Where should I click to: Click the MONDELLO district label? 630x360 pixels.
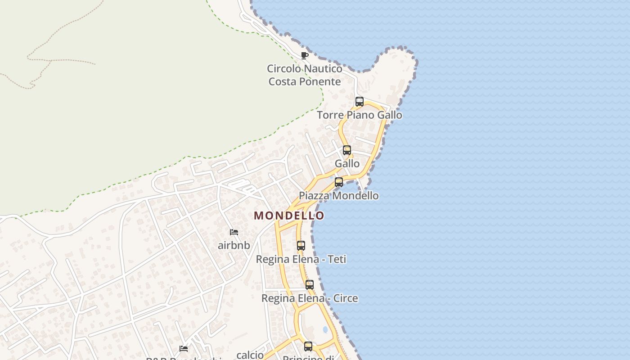pyautogui.click(x=289, y=216)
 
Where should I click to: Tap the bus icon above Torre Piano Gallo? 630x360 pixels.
pyautogui.click(x=359, y=101)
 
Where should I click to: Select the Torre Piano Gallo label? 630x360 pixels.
pyautogui.click(x=360, y=115)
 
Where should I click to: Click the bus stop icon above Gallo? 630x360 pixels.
pyautogui.click(x=346, y=150)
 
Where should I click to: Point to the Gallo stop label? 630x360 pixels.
pyautogui.click(x=347, y=163)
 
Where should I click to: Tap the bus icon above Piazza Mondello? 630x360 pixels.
pyautogui.click(x=339, y=182)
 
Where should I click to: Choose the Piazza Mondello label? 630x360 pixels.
pyautogui.click(x=339, y=196)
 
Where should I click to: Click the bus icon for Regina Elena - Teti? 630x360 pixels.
pyautogui.click(x=301, y=246)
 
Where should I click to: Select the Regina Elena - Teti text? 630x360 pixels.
pyautogui.click(x=301, y=259)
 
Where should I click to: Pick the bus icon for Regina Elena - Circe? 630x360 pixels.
pyautogui.click(x=310, y=284)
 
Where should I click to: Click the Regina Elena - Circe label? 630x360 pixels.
pyautogui.click(x=310, y=298)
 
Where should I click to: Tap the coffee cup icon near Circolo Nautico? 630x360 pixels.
pyautogui.click(x=304, y=55)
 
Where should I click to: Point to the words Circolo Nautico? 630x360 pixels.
pyautogui.click(x=305, y=69)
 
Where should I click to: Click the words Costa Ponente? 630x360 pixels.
pyautogui.click(x=305, y=81)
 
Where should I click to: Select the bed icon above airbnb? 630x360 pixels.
pyautogui.click(x=234, y=232)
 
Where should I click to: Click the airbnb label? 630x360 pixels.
pyautogui.click(x=234, y=246)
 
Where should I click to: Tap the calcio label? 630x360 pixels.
pyautogui.click(x=250, y=355)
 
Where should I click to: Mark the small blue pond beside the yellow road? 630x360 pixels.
pyautogui.click(x=325, y=329)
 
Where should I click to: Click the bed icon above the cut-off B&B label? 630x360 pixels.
pyautogui.click(x=184, y=348)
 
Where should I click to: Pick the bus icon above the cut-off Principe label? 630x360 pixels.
pyautogui.click(x=308, y=346)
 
